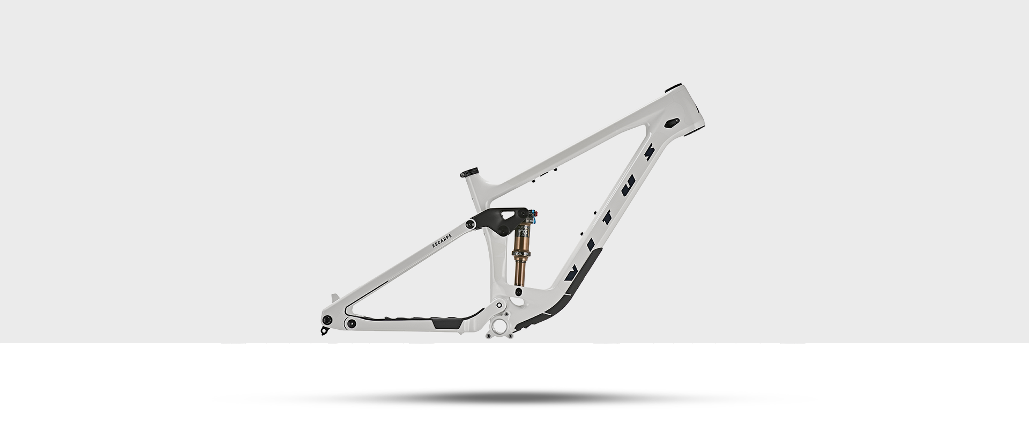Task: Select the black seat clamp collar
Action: (x=469, y=173)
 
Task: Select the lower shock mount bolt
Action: (x=518, y=291)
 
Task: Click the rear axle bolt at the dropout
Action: (x=327, y=320)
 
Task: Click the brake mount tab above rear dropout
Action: (x=335, y=298)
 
